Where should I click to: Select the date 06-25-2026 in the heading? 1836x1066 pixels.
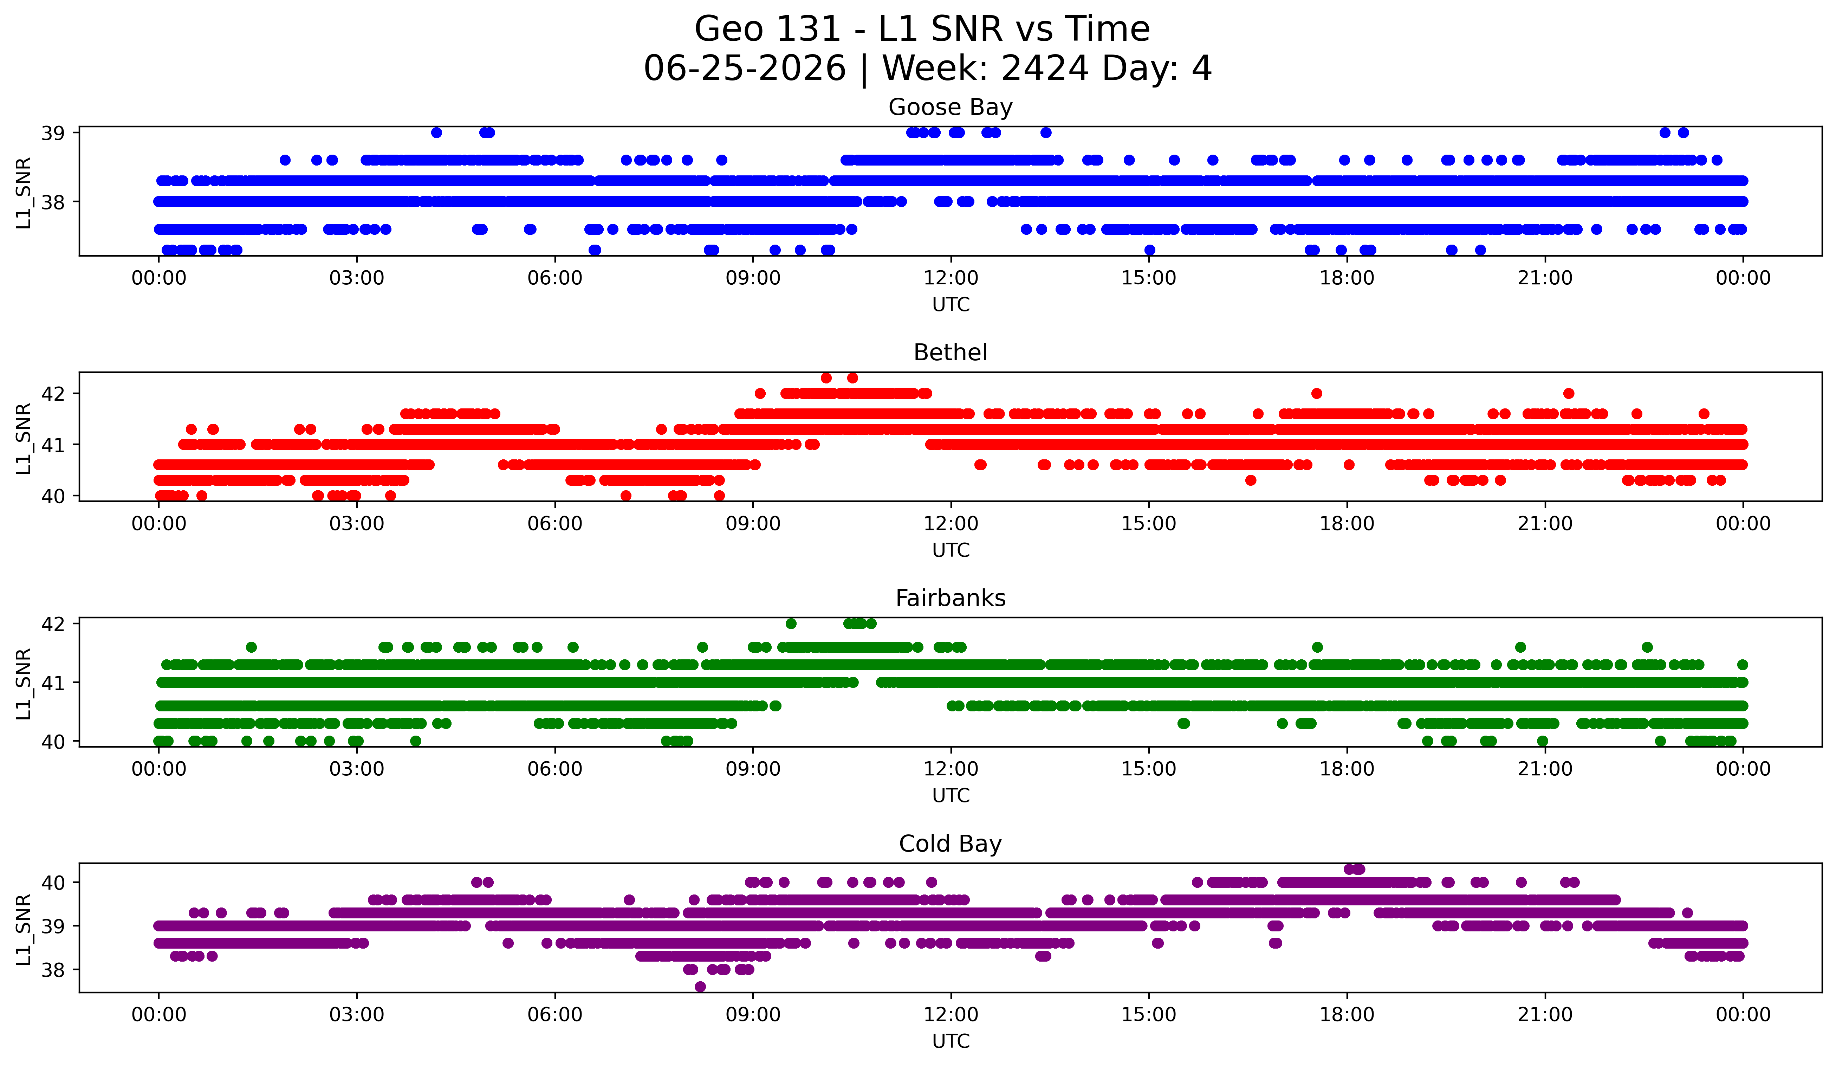(x=745, y=69)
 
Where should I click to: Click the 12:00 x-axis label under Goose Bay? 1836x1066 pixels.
(x=951, y=278)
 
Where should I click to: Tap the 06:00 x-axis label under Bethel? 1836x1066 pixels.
(x=555, y=524)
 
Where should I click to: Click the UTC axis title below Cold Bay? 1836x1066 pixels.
(x=951, y=1041)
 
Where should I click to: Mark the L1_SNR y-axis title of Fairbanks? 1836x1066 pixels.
(x=23, y=684)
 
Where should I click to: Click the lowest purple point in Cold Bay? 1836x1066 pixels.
(x=700, y=987)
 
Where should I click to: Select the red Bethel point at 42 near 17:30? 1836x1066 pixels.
(x=1317, y=393)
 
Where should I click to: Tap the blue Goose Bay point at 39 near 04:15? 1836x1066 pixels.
(x=436, y=133)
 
